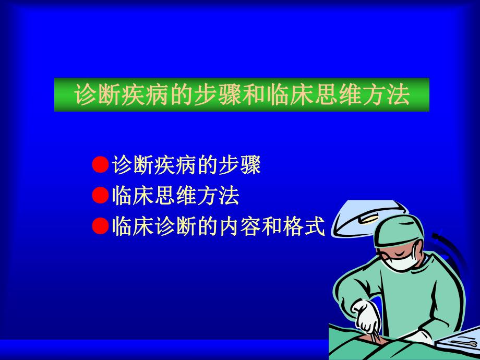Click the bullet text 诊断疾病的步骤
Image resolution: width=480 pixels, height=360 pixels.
tap(186, 165)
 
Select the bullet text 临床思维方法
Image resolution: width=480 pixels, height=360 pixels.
tap(175, 196)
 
